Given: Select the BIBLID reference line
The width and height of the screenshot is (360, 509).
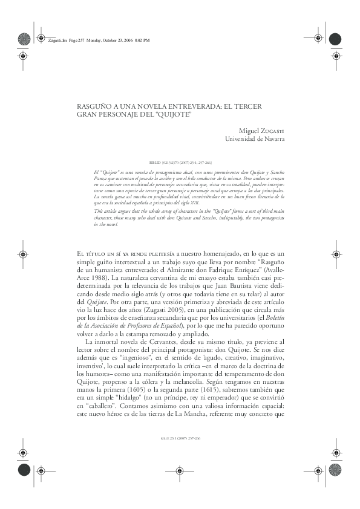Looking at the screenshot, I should point(180,163).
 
